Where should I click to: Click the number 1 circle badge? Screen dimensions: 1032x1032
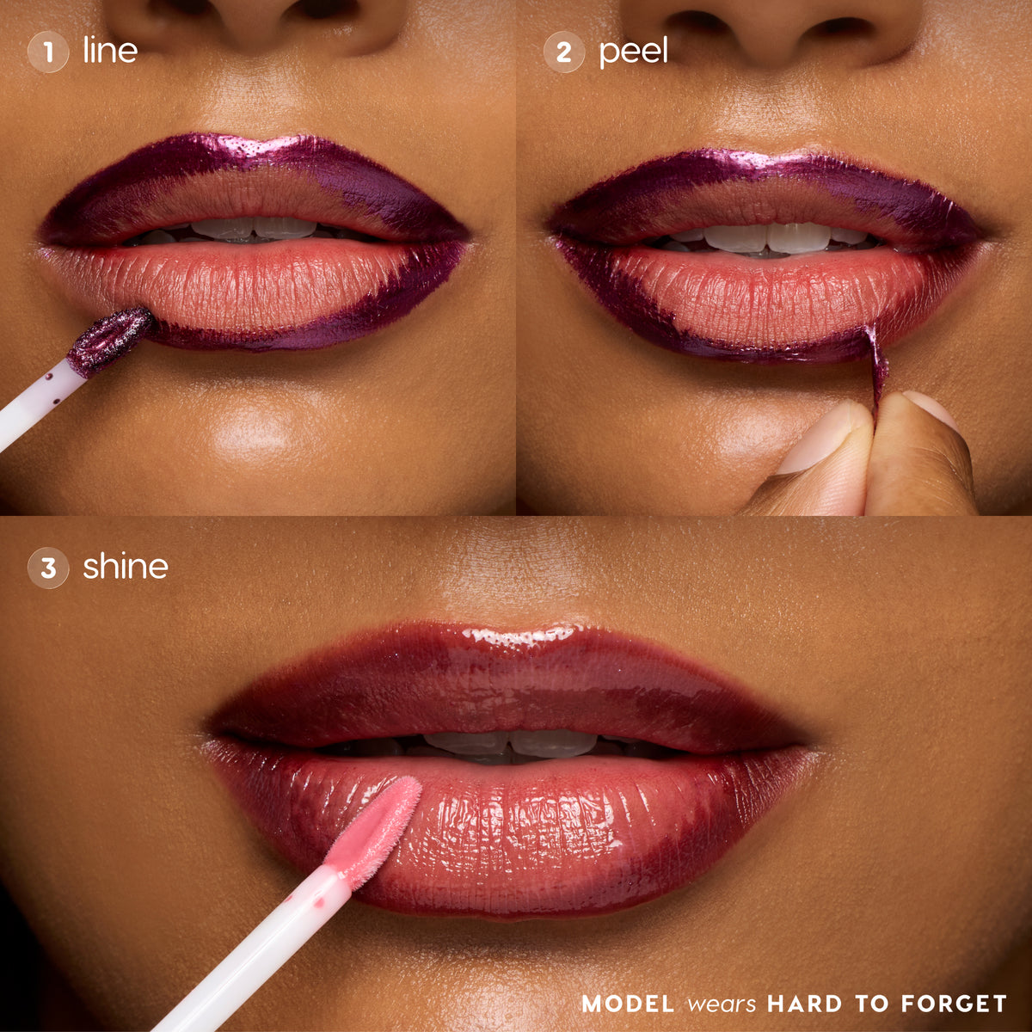click(48, 52)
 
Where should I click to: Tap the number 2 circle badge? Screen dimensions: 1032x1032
click(564, 52)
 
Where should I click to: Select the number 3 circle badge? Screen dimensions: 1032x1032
click(48, 568)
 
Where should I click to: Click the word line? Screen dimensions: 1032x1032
click(110, 51)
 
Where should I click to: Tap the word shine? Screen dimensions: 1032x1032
click(126, 566)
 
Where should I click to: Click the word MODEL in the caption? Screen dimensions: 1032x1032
click(628, 1003)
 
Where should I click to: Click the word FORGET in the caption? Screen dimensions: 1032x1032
click(954, 1003)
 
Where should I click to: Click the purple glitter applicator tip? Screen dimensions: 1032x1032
click(111, 340)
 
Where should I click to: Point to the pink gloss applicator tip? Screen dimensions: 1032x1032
click(374, 831)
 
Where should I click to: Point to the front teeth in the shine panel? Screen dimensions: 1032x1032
click(510, 744)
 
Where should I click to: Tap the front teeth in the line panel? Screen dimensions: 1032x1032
click(254, 228)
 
